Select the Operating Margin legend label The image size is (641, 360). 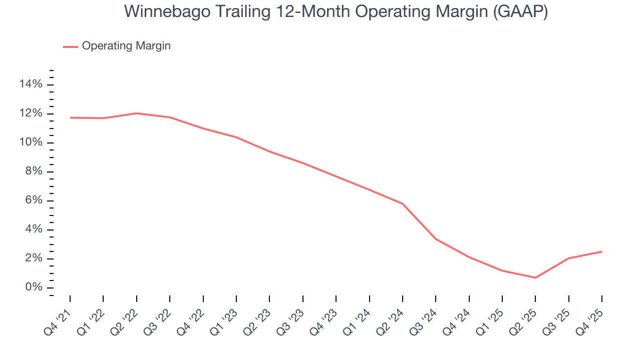(x=126, y=46)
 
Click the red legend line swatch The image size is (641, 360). (x=71, y=46)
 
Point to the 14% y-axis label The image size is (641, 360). (x=31, y=84)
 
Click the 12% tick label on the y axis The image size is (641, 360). (x=31, y=113)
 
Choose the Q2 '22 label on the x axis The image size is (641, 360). (x=125, y=318)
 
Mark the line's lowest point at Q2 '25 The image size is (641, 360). (x=535, y=277)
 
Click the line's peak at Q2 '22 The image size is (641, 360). (x=137, y=113)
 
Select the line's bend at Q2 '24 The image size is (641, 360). (x=403, y=203)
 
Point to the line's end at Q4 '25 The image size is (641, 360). (x=601, y=251)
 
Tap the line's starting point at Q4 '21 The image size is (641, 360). (x=70, y=117)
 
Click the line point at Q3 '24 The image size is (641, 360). (x=436, y=239)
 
